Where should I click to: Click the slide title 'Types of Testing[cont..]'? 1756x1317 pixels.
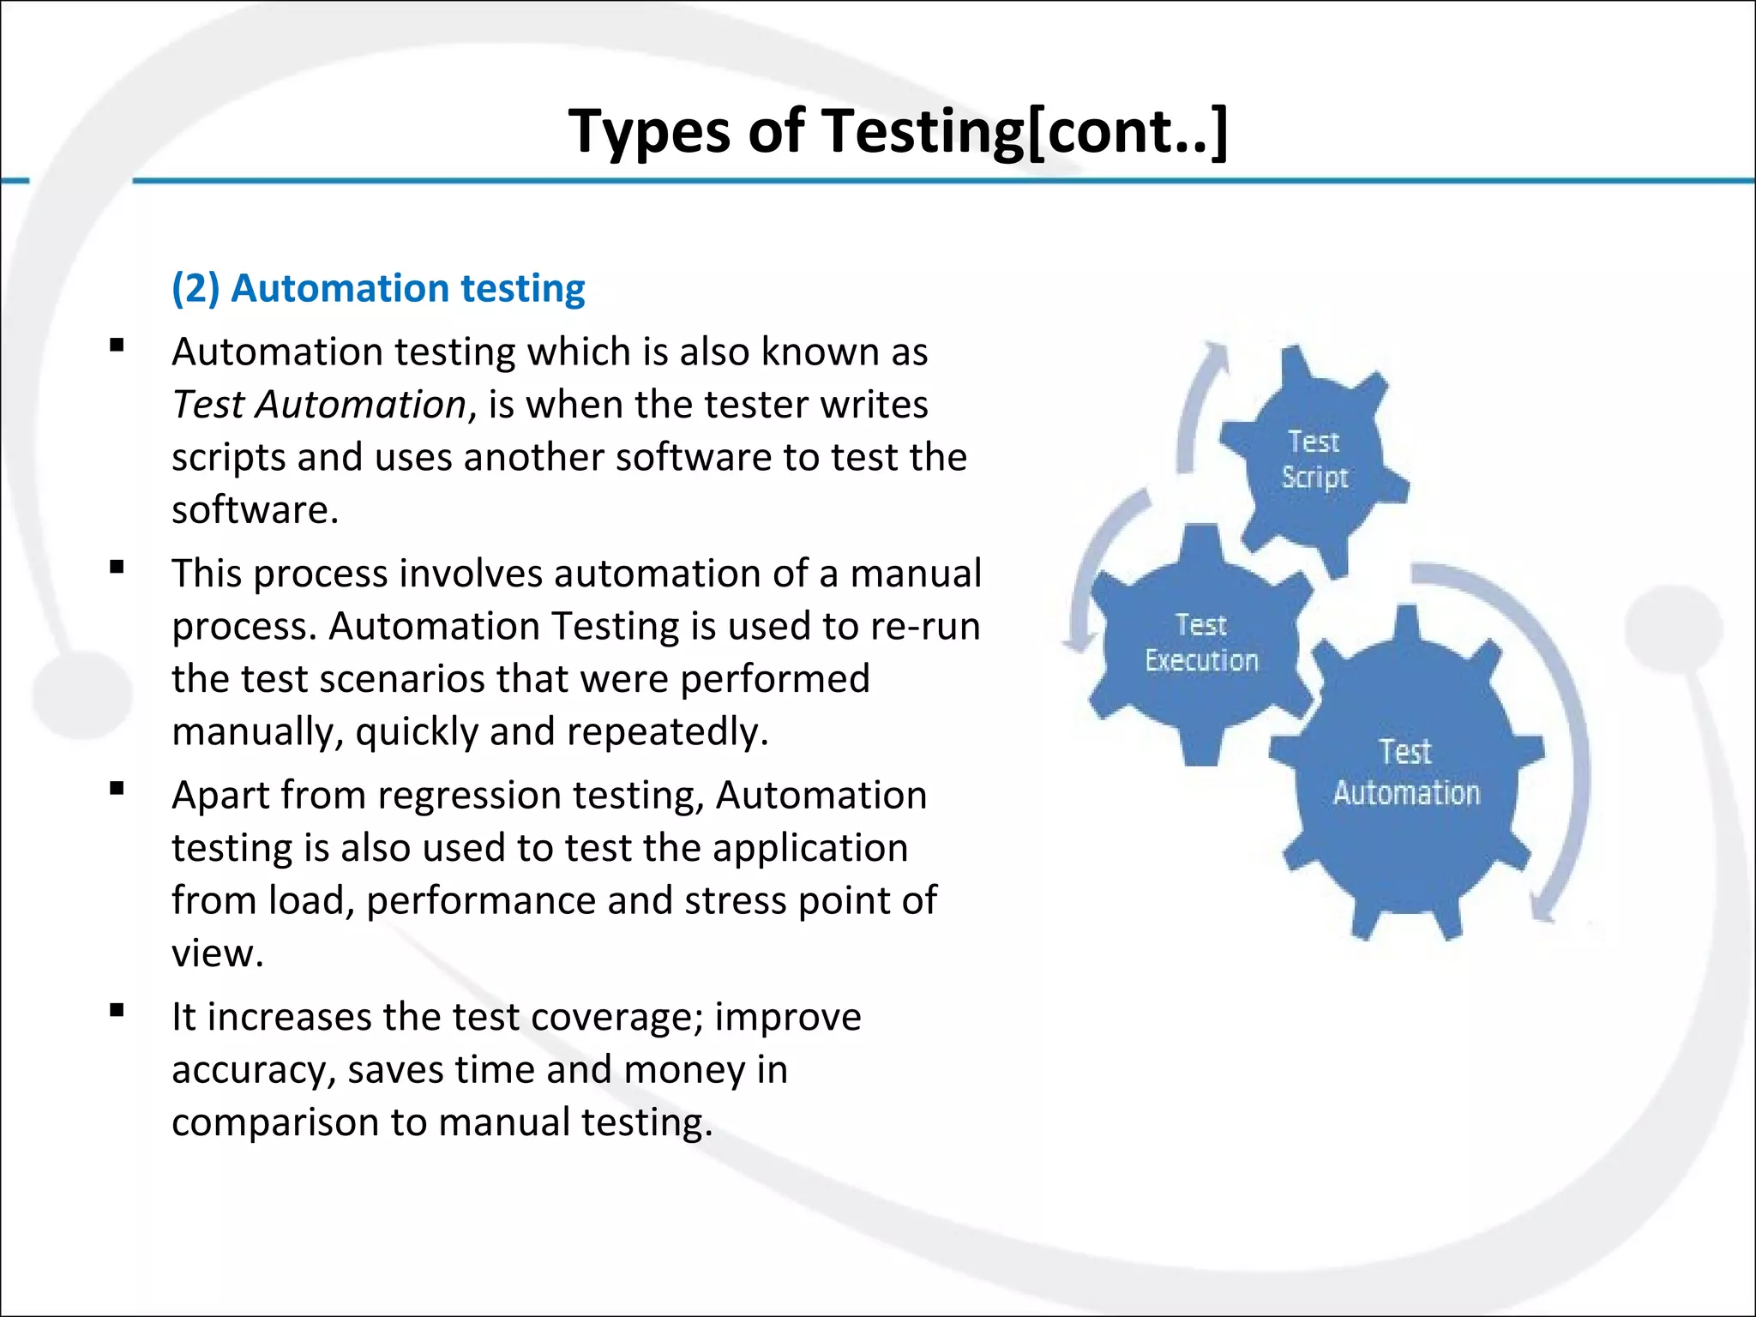[x=898, y=131]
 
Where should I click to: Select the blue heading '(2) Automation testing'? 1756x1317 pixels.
[x=378, y=288]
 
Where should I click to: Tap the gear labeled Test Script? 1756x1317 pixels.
[x=1314, y=460]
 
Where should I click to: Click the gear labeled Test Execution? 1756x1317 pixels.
[x=1201, y=643]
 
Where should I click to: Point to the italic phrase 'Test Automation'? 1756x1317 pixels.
[x=319, y=405]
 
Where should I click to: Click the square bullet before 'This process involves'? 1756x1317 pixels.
[x=117, y=567]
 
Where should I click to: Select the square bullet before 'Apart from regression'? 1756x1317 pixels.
[x=117, y=788]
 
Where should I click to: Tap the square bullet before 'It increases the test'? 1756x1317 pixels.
[x=117, y=1010]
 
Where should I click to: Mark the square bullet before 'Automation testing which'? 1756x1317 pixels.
[x=117, y=346]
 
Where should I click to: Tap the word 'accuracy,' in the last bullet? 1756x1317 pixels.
[x=254, y=1071]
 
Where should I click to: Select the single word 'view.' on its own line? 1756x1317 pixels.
[x=218, y=953]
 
